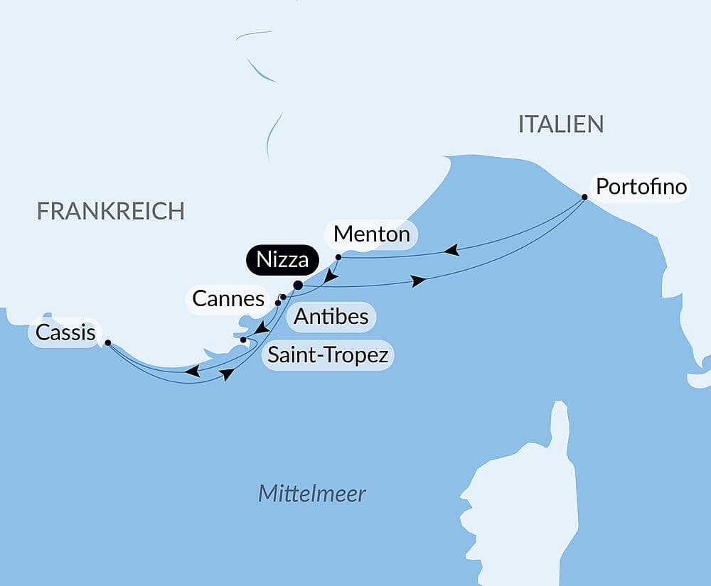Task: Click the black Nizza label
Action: point(282,260)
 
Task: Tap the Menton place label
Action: point(370,234)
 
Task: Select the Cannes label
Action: point(228,299)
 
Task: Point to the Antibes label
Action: point(331,316)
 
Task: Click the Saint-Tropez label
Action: point(328,354)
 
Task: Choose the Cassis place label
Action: point(65,332)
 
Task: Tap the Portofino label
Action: point(641,188)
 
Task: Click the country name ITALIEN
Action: point(561,124)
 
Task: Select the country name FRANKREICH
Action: point(111,211)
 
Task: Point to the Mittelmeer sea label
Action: point(311,494)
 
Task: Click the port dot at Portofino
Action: point(584,197)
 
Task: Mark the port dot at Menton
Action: point(338,256)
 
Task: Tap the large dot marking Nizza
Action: point(298,286)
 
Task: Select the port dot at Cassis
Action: point(107,342)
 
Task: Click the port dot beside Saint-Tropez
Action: point(243,340)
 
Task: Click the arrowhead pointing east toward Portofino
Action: point(419,281)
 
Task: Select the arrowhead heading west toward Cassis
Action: point(192,371)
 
